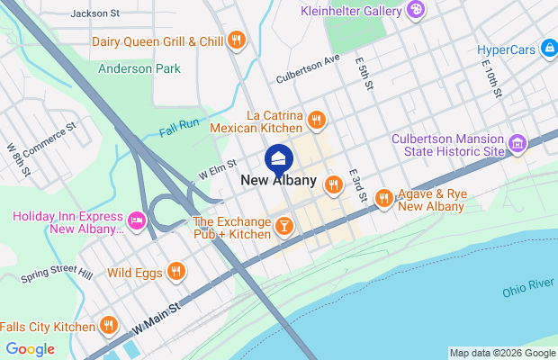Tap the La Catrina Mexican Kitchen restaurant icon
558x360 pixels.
(x=316, y=120)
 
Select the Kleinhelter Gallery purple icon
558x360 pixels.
(x=416, y=10)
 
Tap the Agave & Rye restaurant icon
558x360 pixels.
(x=384, y=196)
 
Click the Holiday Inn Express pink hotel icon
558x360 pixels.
(x=137, y=220)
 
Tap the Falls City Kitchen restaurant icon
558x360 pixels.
(x=109, y=326)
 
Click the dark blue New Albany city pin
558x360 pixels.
(x=278, y=159)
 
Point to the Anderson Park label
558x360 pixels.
(x=139, y=68)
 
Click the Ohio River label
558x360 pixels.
(x=529, y=285)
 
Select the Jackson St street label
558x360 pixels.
(x=94, y=13)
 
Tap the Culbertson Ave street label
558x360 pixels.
(x=308, y=68)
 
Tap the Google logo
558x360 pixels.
(x=30, y=348)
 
